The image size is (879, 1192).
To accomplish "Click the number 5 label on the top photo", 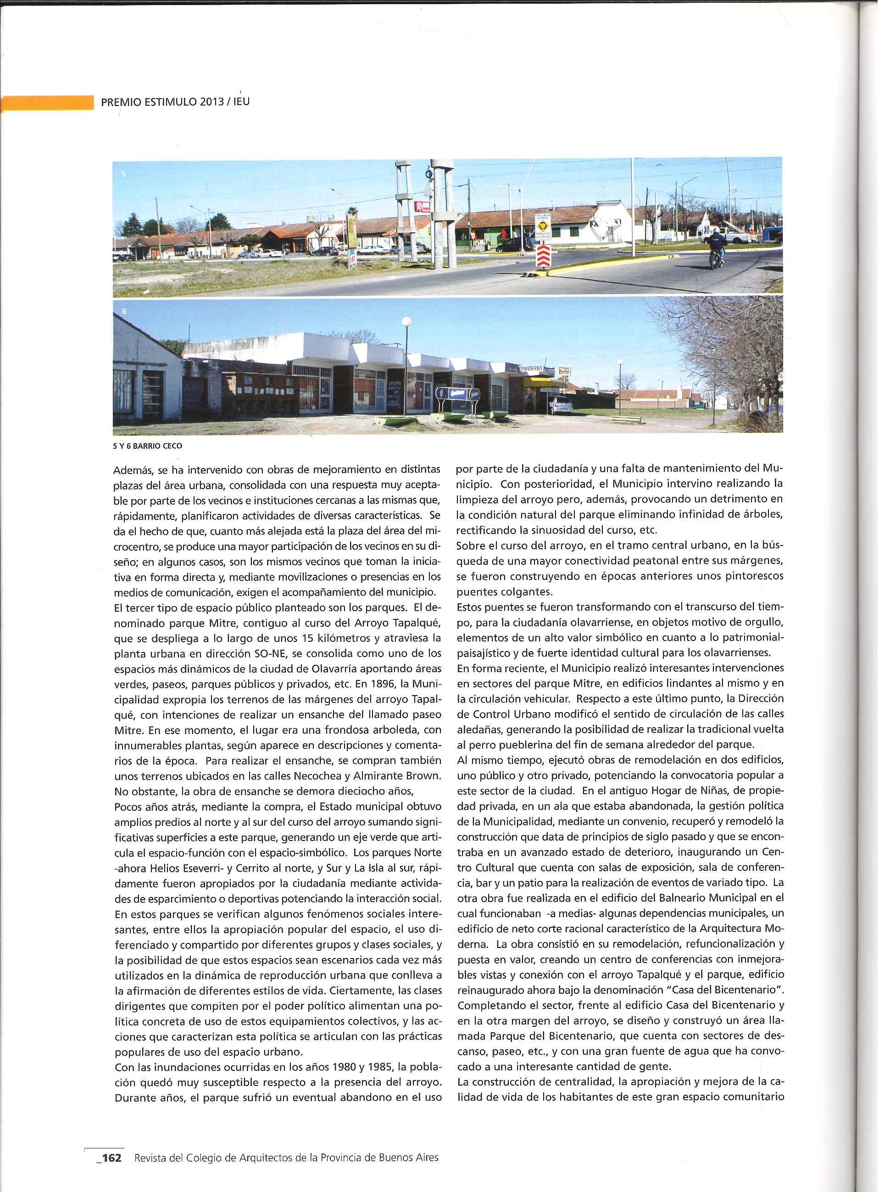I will pos(123,174).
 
